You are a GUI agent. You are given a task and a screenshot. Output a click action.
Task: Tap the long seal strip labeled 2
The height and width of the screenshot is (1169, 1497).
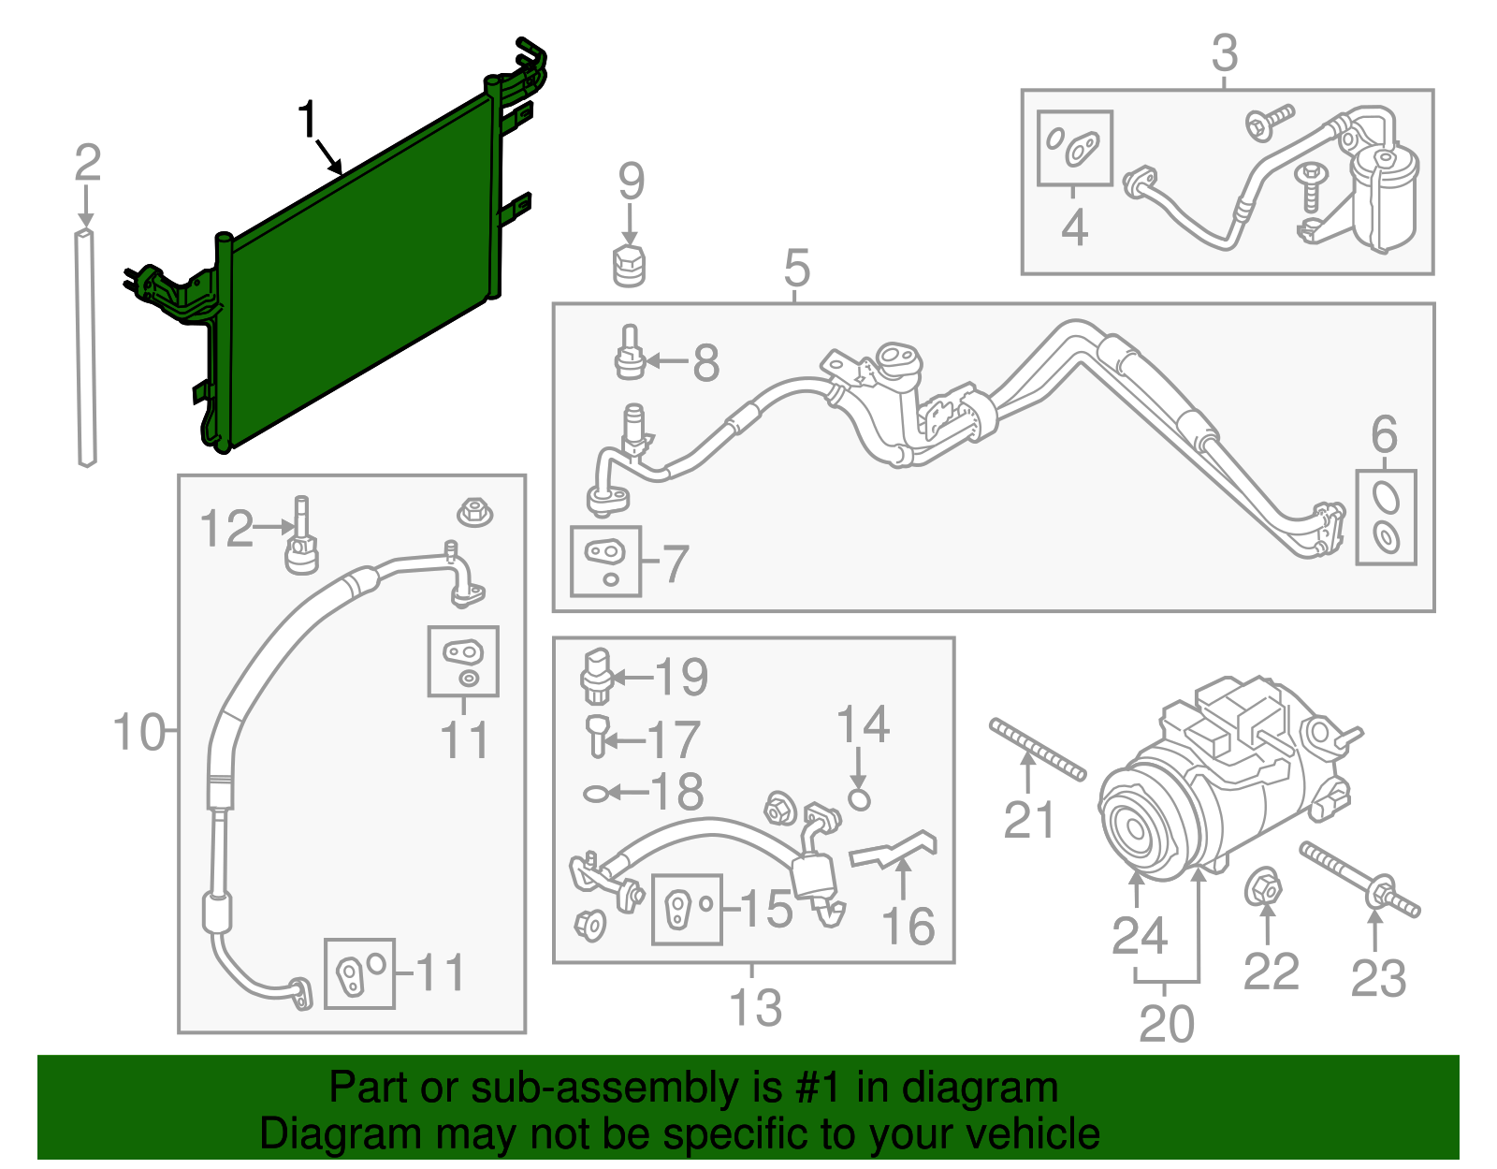pyautogui.click(x=86, y=346)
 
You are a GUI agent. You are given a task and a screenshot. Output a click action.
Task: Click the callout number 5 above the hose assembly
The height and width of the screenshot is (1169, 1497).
pyautogui.click(x=796, y=269)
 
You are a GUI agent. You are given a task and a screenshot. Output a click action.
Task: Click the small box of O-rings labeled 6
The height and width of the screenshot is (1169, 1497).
pyautogui.click(x=1386, y=517)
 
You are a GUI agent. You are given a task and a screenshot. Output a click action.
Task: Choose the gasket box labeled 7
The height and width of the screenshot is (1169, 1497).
pyautogui.click(x=605, y=561)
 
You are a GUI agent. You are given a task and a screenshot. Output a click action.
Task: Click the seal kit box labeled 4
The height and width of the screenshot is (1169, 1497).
pyautogui.click(x=1075, y=148)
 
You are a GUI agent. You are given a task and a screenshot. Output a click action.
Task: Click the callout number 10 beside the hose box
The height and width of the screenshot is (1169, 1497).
pyautogui.click(x=138, y=732)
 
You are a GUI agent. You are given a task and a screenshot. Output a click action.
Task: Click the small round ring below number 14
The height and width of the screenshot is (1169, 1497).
pyautogui.click(x=859, y=798)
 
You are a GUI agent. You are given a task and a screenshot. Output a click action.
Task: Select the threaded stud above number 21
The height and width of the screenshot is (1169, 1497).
pyautogui.click(x=1038, y=749)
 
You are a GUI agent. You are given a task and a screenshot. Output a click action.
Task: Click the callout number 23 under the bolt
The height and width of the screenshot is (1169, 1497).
pyautogui.click(x=1378, y=979)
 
